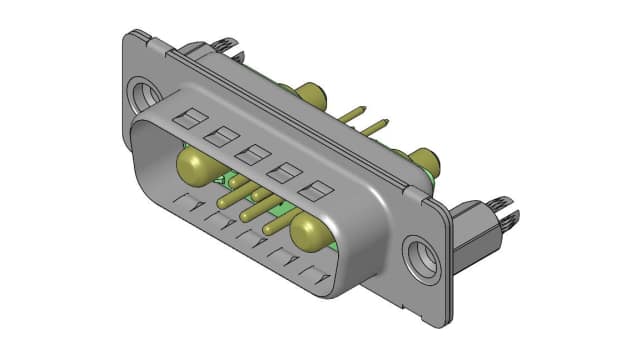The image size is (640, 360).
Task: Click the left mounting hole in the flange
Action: pos(147,95)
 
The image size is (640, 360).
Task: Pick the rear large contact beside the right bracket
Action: pos(425,159)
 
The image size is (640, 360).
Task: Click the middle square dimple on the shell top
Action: pos(252,154)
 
